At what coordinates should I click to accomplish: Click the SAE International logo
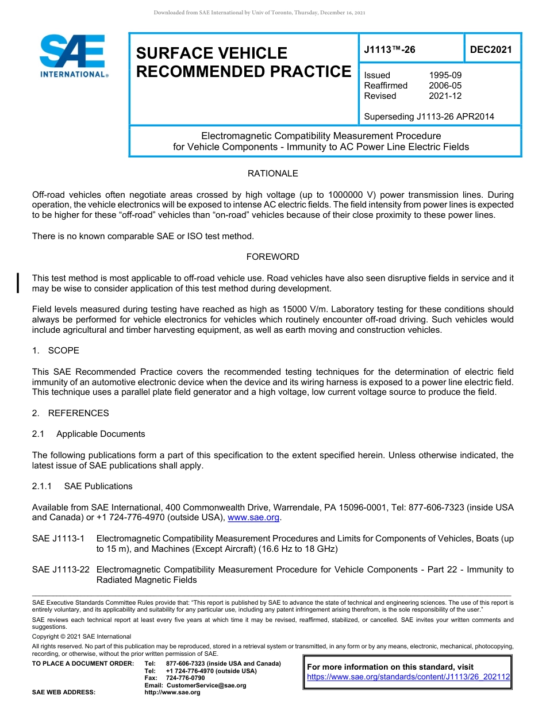tap(72, 56)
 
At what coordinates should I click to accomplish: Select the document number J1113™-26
tap(389, 50)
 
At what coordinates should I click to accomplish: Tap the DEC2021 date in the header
tap(491, 50)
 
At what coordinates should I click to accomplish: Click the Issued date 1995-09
tap(445, 75)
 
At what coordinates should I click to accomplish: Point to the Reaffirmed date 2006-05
tap(445, 86)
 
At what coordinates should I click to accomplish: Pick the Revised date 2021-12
tap(445, 96)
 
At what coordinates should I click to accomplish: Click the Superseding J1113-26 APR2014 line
tap(429, 117)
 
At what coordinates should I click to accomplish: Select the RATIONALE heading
tap(272, 174)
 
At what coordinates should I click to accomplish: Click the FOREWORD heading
tap(272, 257)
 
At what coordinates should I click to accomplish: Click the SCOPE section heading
tap(63, 351)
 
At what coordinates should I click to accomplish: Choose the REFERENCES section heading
tap(78, 413)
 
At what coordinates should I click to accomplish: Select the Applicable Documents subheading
tap(101, 434)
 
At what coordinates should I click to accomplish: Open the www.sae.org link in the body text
tap(253, 518)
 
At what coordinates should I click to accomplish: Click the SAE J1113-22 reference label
tap(61, 570)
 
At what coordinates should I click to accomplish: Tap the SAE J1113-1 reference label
tap(59, 539)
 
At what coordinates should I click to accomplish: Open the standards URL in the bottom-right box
tap(408, 677)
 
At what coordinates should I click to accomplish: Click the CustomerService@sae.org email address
tap(206, 685)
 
